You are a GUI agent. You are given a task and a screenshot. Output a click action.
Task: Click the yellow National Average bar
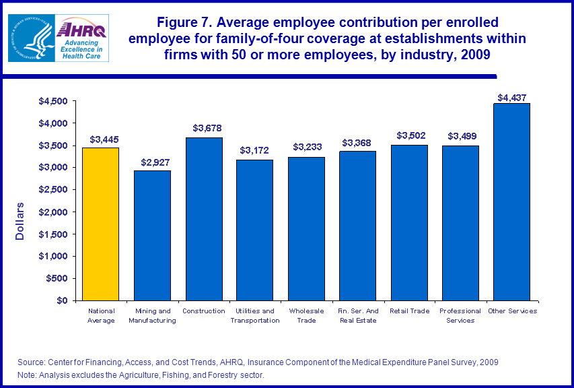[x=101, y=224]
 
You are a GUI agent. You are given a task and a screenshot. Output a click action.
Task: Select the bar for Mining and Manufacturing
[x=152, y=235]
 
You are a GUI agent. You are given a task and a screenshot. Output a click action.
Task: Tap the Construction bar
[x=204, y=219]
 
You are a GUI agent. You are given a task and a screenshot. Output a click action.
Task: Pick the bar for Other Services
[x=511, y=201]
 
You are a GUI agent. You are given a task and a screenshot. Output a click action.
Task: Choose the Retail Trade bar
[x=409, y=222]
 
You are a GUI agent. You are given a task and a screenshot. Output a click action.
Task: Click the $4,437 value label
[x=511, y=98]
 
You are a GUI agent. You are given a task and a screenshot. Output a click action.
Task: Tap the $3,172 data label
[x=255, y=151]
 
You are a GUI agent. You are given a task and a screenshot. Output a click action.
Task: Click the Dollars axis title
[x=20, y=221]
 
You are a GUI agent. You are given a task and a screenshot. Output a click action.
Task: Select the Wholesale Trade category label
[x=306, y=315]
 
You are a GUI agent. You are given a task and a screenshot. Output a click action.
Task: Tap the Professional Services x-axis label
[x=460, y=315]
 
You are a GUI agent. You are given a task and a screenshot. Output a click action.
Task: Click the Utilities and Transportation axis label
[x=254, y=315]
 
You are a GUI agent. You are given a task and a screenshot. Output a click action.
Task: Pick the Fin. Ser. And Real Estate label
[x=357, y=315]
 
